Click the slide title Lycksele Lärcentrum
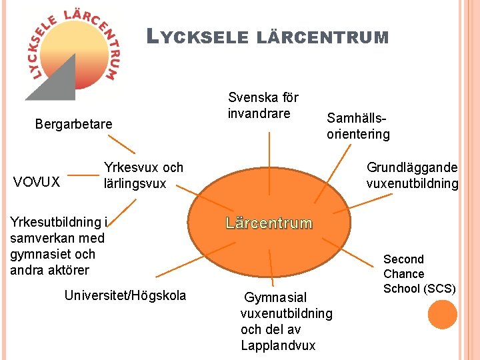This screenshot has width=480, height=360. click(x=267, y=37)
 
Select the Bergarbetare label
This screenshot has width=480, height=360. click(x=73, y=124)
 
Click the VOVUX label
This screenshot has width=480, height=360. click(x=37, y=181)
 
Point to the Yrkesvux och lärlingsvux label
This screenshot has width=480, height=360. click(x=143, y=175)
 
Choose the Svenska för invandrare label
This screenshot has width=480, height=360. click(x=263, y=105)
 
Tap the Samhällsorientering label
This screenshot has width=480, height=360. click(x=358, y=126)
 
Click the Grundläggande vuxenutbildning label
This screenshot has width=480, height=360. click(x=412, y=175)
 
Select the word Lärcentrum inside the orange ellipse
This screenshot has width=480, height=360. click(x=269, y=223)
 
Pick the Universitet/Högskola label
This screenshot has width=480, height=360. click(x=125, y=295)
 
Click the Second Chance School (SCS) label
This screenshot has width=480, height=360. click(x=419, y=273)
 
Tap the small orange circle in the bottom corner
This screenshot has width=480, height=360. click(x=442, y=314)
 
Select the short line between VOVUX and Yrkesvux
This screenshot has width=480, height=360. click(x=83, y=177)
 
